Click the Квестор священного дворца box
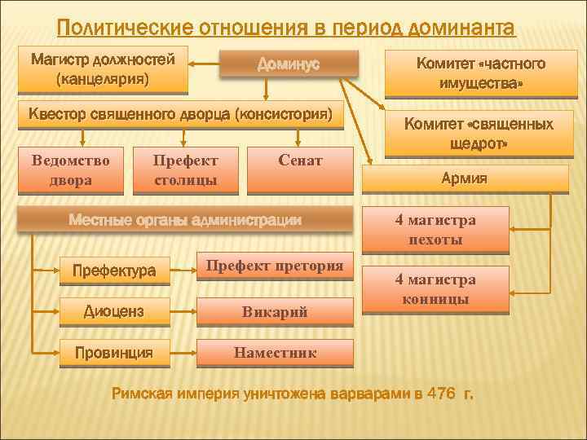pyautogui.click(x=180, y=115)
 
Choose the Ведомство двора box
pyautogui.click(x=70, y=170)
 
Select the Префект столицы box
pyautogui.click(x=185, y=170)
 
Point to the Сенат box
pyautogui.click(x=299, y=162)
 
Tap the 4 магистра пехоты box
pyautogui.click(x=435, y=230)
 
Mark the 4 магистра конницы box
pyautogui.click(x=435, y=290)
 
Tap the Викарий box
pyautogui.click(x=275, y=311)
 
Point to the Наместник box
pyautogui.click(x=275, y=353)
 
